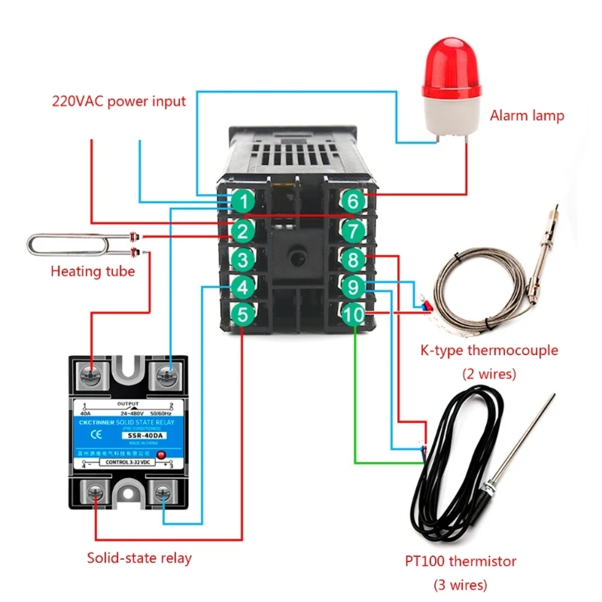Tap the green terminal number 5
242,315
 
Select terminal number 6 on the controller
352,202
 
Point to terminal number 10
353,315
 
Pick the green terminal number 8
352,260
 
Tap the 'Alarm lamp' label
527,116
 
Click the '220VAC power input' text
119,101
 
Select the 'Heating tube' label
93,271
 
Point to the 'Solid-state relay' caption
139,558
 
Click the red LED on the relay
160,455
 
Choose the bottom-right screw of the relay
165,494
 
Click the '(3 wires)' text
460,585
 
